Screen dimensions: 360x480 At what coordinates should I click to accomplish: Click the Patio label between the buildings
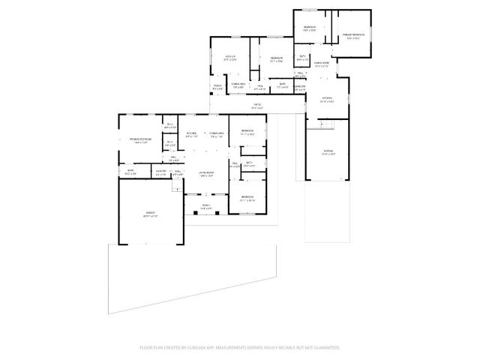[x=257, y=106]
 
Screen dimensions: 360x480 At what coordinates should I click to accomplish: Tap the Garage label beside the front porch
[x=151, y=214]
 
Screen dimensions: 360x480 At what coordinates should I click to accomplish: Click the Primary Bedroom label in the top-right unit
[x=353, y=34]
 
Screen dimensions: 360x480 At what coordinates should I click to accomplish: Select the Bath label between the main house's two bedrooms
[x=248, y=163]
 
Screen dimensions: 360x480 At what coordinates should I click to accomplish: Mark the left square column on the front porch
[x=195, y=213]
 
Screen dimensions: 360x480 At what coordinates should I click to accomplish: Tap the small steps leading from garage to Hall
[x=178, y=179]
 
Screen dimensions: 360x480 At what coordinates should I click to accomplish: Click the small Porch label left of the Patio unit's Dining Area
[x=217, y=87]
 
